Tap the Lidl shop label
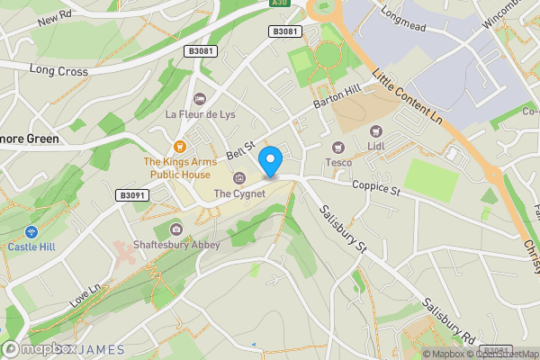pyautogui.click(x=376, y=145)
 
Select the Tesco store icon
pyautogui.click(x=339, y=147)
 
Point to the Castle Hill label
pyautogui.click(x=32, y=246)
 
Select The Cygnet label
pyautogui.click(x=238, y=193)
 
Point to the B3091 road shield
pyautogui.click(x=131, y=194)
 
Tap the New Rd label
pyautogui.click(x=55, y=18)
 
